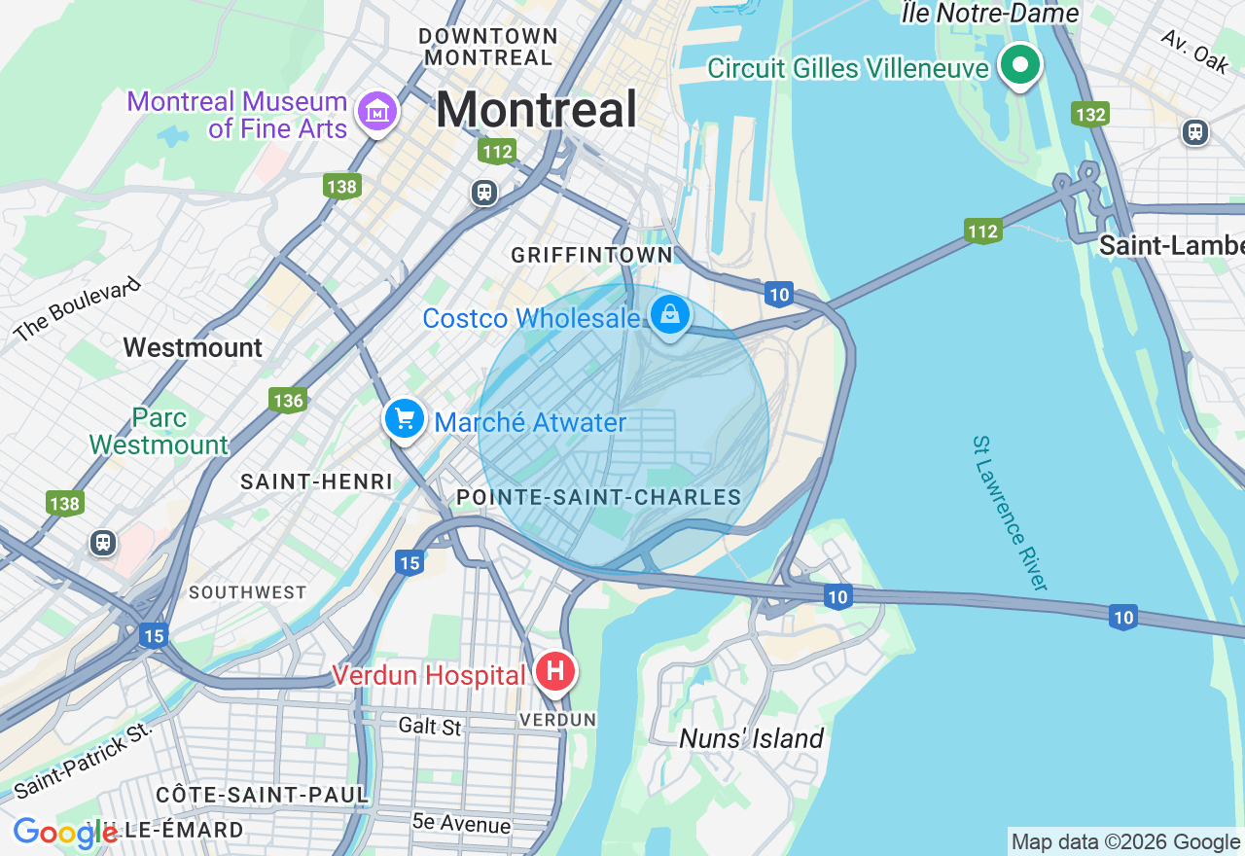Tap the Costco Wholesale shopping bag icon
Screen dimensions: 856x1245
tap(670, 315)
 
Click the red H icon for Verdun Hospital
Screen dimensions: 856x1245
tap(556, 672)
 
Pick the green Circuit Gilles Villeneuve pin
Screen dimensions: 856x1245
tap(1020, 66)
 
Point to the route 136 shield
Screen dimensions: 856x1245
tap(288, 400)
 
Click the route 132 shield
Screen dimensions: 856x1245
tap(1090, 115)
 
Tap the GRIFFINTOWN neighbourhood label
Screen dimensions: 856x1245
tap(591, 255)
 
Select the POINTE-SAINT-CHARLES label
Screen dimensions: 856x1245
tap(599, 498)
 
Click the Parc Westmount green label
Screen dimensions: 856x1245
tap(159, 432)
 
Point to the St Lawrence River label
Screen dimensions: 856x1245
tap(1011, 513)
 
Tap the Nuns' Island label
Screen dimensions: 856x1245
tap(751, 738)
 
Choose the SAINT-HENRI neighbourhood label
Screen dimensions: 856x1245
tap(316, 481)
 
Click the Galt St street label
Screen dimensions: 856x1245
tap(430, 726)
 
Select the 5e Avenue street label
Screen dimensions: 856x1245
tap(461, 823)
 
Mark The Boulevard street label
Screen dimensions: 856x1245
tap(78, 309)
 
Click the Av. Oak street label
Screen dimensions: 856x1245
tap(1194, 51)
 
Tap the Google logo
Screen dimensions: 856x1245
tap(64, 833)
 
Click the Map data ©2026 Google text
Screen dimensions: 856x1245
tap(1125, 841)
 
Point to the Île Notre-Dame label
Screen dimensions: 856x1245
tap(990, 14)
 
